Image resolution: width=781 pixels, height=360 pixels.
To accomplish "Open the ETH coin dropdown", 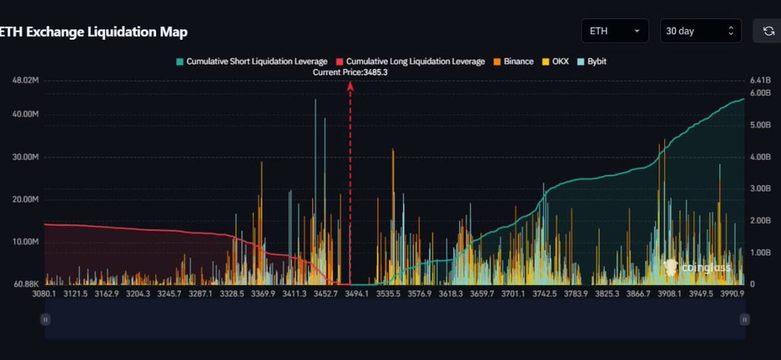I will [614, 31].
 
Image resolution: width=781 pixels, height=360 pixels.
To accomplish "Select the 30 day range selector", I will [699, 31].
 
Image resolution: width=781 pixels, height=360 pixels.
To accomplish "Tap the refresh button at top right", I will [768, 31].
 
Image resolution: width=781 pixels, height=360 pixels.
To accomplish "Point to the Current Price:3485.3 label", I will [350, 72].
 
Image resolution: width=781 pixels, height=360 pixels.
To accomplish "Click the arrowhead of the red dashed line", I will [350, 85].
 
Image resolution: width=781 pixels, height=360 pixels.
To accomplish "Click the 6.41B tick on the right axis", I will [760, 80].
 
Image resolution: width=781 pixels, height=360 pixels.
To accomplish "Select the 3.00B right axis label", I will [760, 188].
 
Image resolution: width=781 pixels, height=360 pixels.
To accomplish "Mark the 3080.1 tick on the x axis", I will [45, 294].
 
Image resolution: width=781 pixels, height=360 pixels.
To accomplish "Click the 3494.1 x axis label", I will [357, 294].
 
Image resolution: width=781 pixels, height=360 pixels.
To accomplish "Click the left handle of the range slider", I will [45, 320].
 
